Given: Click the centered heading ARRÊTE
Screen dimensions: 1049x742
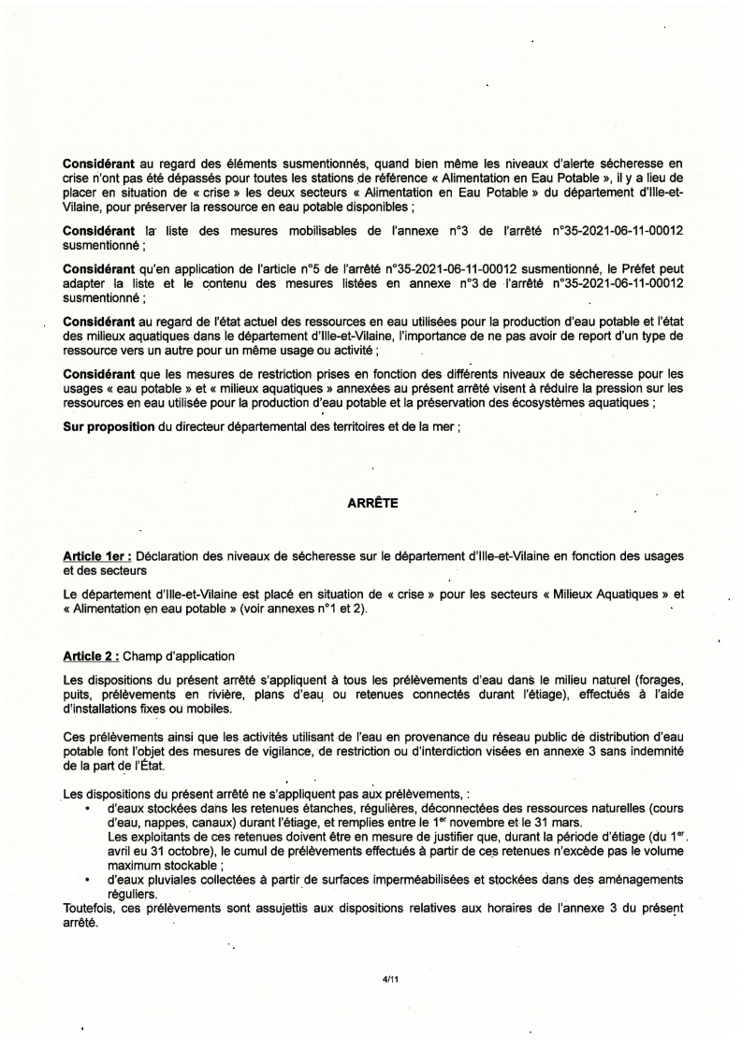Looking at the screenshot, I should [x=372, y=504].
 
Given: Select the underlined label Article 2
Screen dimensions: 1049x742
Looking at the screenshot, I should [x=89, y=655].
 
